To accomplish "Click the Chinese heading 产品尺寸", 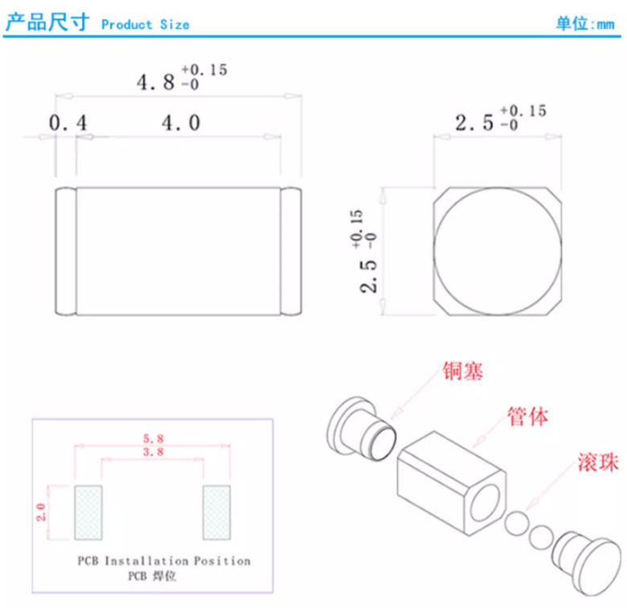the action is click(47, 22).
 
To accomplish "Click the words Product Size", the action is click(145, 25).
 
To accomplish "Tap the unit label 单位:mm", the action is click(585, 24).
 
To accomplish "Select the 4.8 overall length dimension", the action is click(182, 77).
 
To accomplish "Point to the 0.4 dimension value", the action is click(68, 122).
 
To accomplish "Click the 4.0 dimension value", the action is click(181, 122).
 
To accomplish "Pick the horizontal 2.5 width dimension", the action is click(501, 118).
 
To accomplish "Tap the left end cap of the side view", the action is click(66, 251).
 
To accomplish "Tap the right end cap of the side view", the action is click(291, 251).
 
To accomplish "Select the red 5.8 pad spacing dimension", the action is click(154, 439).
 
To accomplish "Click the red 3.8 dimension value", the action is click(154, 452).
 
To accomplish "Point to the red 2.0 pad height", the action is click(41, 512).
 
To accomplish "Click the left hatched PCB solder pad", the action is click(88, 512).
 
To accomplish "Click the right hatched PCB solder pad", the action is click(216, 512).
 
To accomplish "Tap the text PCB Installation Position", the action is click(164, 561).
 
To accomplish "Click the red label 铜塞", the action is click(463, 371).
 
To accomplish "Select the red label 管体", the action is click(527, 417).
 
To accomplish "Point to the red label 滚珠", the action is click(598, 462).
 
